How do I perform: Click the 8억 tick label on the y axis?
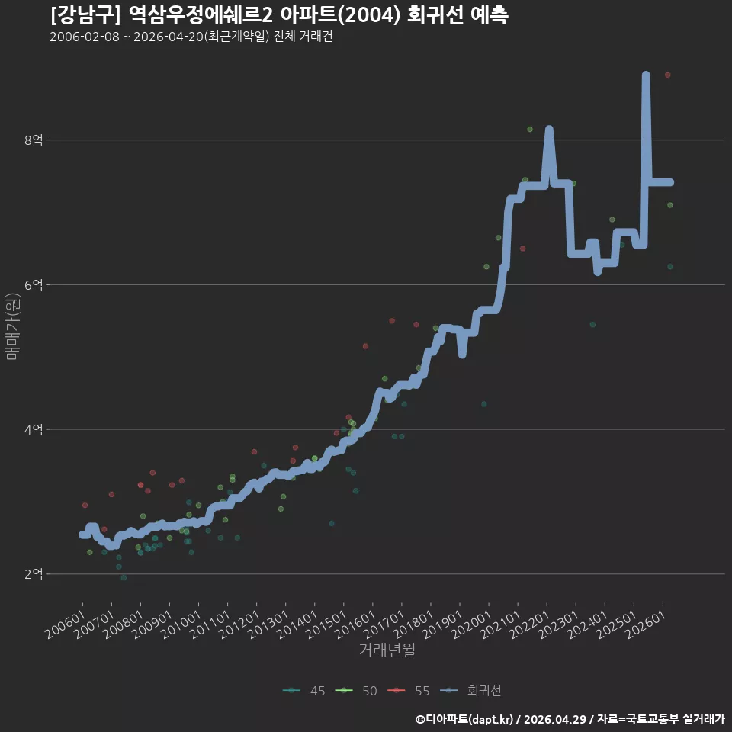(33, 140)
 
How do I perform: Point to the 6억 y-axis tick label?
(33, 284)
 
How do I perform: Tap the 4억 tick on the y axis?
(33, 429)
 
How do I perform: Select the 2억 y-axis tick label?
(33, 573)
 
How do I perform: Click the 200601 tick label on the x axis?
(66, 624)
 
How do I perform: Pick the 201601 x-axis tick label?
(356, 624)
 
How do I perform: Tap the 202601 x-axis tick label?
(646, 624)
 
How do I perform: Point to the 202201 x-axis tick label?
(530, 624)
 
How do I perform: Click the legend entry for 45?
(304, 691)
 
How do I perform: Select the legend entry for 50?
(356, 691)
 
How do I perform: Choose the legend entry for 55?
(409, 691)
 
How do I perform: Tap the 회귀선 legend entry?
(470, 691)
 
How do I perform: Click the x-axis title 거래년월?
(387, 650)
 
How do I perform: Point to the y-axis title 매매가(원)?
(13, 326)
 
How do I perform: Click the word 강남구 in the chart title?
(86, 15)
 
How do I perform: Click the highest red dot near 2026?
(668, 75)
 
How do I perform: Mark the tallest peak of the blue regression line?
(646, 75)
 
